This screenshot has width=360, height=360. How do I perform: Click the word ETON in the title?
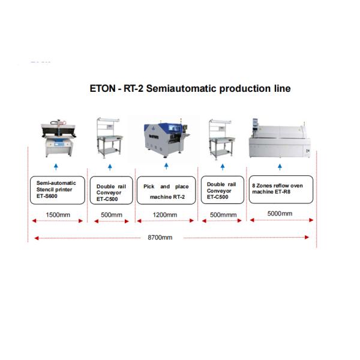point(103,88)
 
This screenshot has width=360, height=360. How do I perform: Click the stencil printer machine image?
point(58,138)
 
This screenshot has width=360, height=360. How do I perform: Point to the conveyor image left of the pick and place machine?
point(110,138)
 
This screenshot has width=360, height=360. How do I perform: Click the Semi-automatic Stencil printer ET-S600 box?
point(58,190)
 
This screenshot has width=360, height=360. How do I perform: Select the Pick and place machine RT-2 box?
point(166,190)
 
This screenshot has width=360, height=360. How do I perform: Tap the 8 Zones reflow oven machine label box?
point(281,190)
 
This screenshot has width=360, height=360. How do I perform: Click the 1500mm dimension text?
point(58,215)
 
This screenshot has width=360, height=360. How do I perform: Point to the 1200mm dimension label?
point(165,215)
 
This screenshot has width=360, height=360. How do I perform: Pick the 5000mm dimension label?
point(280,214)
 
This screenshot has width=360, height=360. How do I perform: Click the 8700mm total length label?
point(160,238)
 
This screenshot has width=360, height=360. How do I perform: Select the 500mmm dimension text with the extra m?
point(223,215)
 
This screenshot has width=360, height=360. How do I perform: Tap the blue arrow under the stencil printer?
point(56,167)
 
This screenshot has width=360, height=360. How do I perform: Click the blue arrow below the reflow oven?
point(280,167)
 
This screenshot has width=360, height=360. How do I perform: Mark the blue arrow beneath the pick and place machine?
point(166,166)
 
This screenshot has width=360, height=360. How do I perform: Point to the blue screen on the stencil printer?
point(59,145)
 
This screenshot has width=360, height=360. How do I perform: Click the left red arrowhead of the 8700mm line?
point(36,238)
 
